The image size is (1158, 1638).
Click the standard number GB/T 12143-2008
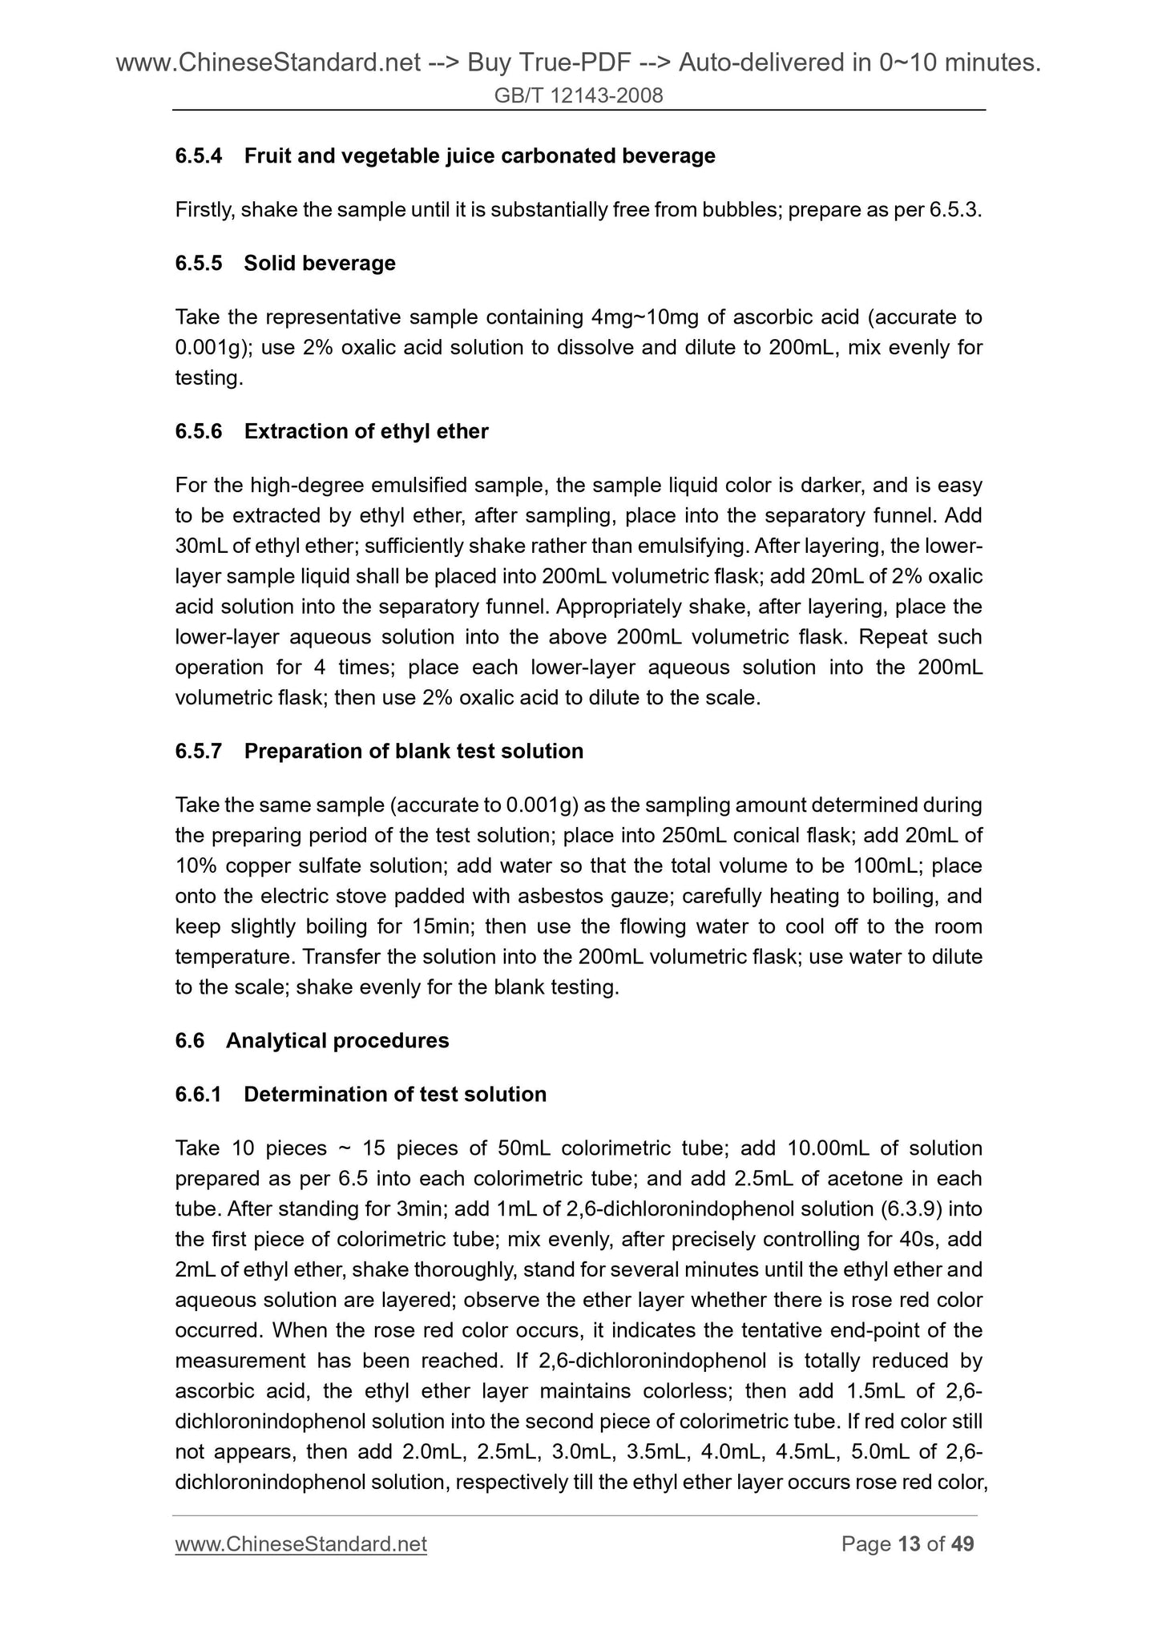(579, 96)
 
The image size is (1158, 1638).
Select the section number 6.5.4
(198, 155)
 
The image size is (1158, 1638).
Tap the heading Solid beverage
(320, 263)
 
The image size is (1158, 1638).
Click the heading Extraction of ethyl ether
(366, 431)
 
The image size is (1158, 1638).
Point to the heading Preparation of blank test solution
(414, 751)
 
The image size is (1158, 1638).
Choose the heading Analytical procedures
(337, 1040)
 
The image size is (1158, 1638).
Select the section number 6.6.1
(198, 1094)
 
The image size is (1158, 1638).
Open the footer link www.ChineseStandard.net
(301, 1543)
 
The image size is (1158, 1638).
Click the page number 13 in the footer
(910, 1543)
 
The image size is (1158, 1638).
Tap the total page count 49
(962, 1543)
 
